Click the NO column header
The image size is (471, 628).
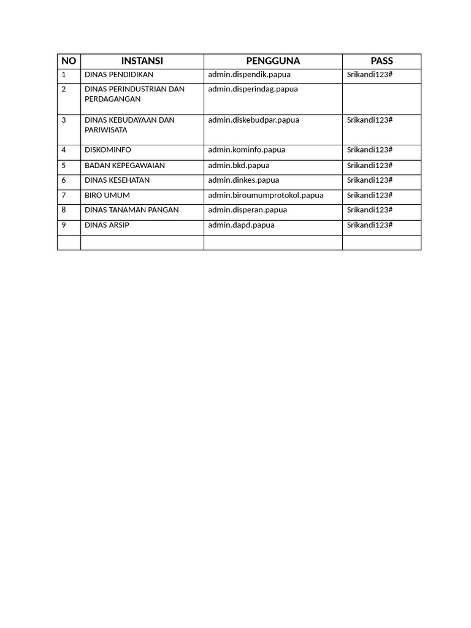(x=69, y=61)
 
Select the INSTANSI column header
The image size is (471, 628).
(x=142, y=61)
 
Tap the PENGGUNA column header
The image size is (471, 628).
(x=273, y=61)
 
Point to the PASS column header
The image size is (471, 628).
(x=381, y=61)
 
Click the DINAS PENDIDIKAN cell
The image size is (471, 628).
(x=119, y=75)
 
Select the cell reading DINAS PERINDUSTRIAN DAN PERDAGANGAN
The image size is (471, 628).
(x=134, y=94)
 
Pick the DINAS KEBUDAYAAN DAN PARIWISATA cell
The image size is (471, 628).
(x=129, y=124)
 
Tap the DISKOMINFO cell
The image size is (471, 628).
(x=108, y=150)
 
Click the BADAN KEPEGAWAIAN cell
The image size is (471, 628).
(x=124, y=166)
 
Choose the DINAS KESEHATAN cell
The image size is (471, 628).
(x=117, y=180)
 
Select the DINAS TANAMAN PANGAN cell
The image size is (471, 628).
(x=132, y=210)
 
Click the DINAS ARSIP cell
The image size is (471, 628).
(x=107, y=225)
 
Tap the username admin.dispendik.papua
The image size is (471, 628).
(x=249, y=75)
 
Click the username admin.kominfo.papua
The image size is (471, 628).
(x=247, y=150)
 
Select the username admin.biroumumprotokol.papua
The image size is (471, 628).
(x=266, y=195)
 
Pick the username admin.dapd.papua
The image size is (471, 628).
(x=241, y=225)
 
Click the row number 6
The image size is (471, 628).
(x=64, y=180)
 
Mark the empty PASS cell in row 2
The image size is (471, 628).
(x=381, y=99)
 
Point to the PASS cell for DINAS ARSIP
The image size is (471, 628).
(x=369, y=225)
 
